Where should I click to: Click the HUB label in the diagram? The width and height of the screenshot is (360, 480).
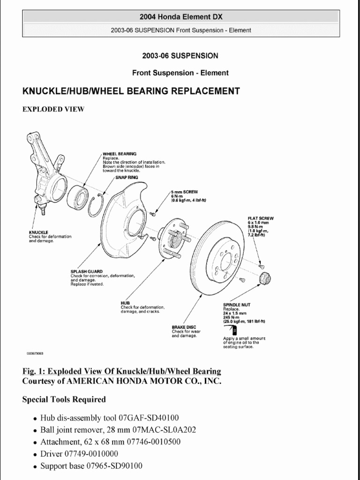[x=125, y=303]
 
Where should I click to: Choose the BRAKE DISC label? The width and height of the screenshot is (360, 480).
[x=184, y=327]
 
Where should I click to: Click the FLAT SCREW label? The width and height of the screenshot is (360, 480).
[x=261, y=218]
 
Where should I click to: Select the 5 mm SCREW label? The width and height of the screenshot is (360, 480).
[x=185, y=192]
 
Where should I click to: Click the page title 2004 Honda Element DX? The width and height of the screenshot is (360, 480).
[x=180, y=17]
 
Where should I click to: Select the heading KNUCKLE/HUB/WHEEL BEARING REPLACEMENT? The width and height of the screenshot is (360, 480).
[x=131, y=91]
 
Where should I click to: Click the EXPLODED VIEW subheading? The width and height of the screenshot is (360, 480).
[x=53, y=109]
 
